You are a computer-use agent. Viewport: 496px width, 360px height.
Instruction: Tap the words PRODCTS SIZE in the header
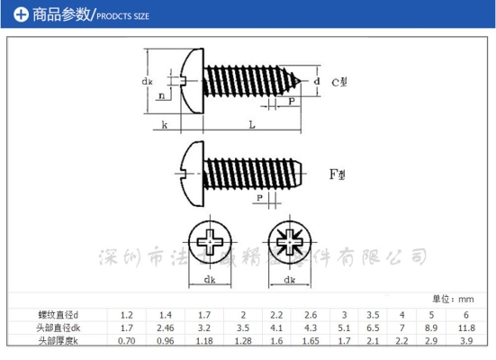point(122,16)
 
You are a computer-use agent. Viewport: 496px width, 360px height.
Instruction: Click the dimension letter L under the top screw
point(251,126)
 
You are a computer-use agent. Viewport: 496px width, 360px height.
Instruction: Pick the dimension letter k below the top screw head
point(165,126)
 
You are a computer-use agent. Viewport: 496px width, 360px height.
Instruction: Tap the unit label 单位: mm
point(453,299)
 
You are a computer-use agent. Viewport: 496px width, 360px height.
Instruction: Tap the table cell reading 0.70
point(127,342)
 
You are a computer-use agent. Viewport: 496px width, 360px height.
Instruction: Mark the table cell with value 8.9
point(434,328)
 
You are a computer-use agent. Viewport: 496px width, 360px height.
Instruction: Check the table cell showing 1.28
point(243,342)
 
